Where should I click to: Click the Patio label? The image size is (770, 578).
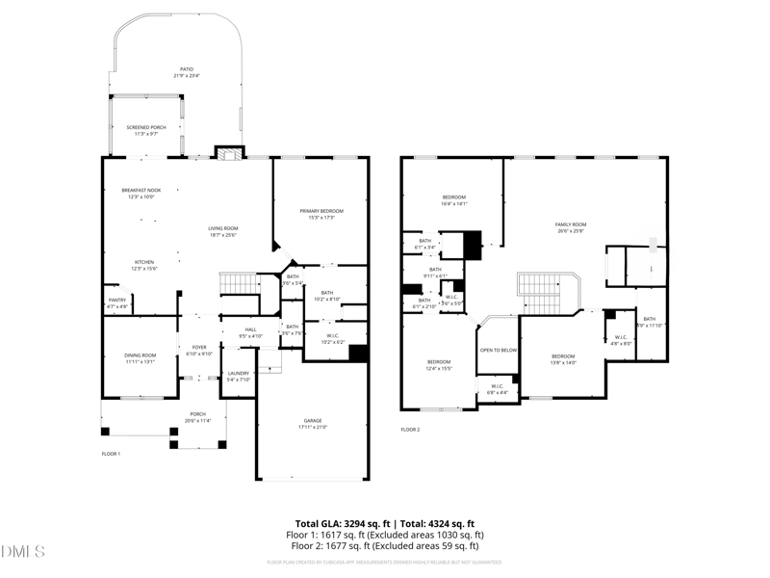pyautogui.click(x=186, y=69)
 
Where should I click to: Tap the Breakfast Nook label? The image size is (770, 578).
pyautogui.click(x=141, y=191)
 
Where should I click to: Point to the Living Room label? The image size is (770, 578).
pyautogui.click(x=222, y=228)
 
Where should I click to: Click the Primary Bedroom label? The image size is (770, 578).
pyautogui.click(x=321, y=211)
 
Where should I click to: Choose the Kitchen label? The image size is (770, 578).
pyautogui.click(x=143, y=261)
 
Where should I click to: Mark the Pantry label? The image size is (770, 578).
pyautogui.click(x=116, y=301)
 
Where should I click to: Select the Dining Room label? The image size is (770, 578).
pyautogui.click(x=140, y=355)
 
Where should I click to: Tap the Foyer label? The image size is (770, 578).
pyautogui.click(x=199, y=348)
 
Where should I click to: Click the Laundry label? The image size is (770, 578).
pyautogui.click(x=238, y=374)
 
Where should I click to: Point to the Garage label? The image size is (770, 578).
pyautogui.click(x=313, y=421)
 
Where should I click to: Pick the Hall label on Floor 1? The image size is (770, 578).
pyautogui.click(x=250, y=330)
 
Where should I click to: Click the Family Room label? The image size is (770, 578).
pyautogui.click(x=571, y=224)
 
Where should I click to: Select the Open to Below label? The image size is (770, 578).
pyautogui.click(x=499, y=350)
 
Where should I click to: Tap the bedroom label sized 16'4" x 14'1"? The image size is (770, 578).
pyautogui.click(x=453, y=197)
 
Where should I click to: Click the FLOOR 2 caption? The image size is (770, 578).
pyautogui.click(x=410, y=430)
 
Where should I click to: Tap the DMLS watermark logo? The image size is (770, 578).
pyautogui.click(x=23, y=552)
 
